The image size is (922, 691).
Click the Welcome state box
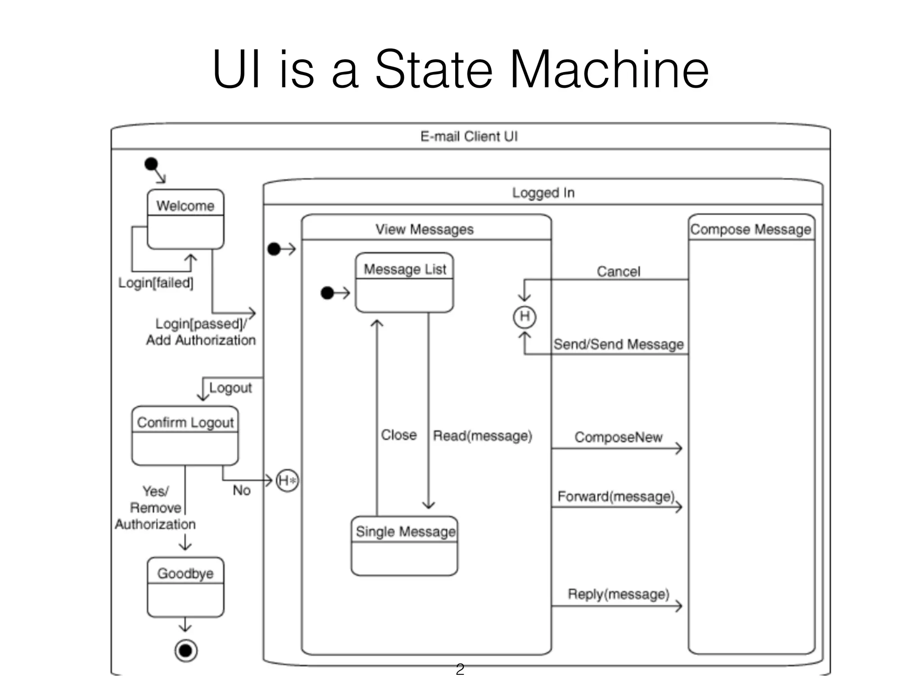pyautogui.click(x=185, y=219)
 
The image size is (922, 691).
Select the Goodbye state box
pyautogui.click(x=185, y=587)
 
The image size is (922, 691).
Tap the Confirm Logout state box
pyautogui.click(x=185, y=435)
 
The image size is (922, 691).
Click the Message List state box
pyautogui.click(x=404, y=283)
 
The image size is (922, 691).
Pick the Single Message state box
pyautogui.click(x=404, y=546)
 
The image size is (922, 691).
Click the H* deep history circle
pyautogui.click(x=287, y=480)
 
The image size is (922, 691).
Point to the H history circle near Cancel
pyautogui.click(x=524, y=317)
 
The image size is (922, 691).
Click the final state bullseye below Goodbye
pyautogui.click(x=186, y=651)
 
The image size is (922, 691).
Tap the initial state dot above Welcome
pyautogui.click(x=151, y=164)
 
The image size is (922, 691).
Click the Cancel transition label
pyautogui.click(x=618, y=271)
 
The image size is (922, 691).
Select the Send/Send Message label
pyautogui.click(x=618, y=344)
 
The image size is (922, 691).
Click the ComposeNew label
pyautogui.click(x=618, y=437)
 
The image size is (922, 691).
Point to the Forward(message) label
pyautogui.click(x=615, y=496)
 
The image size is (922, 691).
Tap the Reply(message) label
pyautogui.click(x=618, y=594)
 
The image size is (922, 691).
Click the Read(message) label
pyautogui.click(x=482, y=435)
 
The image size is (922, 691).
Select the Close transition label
pyautogui.click(x=398, y=435)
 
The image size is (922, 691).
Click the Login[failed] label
pyautogui.click(x=156, y=283)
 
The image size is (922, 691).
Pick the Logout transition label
pyautogui.click(x=230, y=387)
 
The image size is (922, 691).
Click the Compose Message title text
pyautogui.click(x=750, y=229)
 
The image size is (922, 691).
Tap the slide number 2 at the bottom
pyautogui.click(x=460, y=669)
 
